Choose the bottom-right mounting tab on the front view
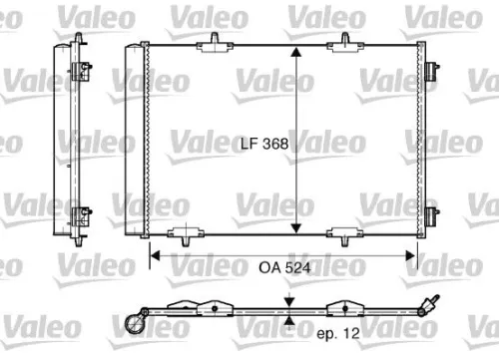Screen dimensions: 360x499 pyautogui.click(x=345, y=236)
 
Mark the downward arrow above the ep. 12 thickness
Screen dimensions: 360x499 pyautogui.click(x=287, y=301)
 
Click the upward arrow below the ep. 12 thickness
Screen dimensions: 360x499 pyautogui.click(x=287, y=321)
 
